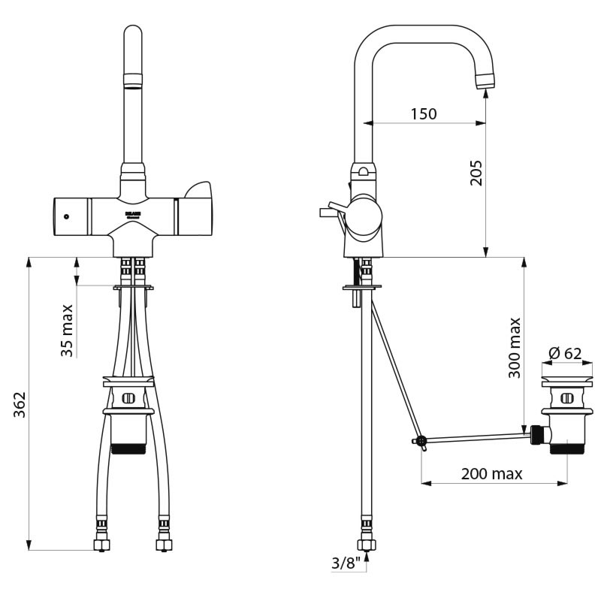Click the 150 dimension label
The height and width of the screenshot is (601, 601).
423,114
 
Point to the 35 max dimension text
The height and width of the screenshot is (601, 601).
67,329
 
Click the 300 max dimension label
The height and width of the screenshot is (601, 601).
515,347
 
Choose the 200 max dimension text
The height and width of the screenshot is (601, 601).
492,473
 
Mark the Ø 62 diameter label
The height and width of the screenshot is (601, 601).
565,353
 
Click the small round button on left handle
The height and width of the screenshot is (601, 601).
66,216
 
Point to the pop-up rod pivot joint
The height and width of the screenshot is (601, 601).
421,441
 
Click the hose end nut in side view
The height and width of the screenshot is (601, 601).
366,545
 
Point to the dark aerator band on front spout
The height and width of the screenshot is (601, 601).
132,80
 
